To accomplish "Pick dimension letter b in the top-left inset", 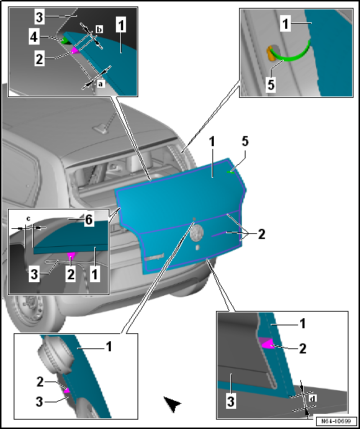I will (99, 28).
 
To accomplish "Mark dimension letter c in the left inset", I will (28, 219).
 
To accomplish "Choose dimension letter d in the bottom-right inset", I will (311, 397).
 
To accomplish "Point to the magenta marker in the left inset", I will (71, 255).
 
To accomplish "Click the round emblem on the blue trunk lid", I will (198, 232).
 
